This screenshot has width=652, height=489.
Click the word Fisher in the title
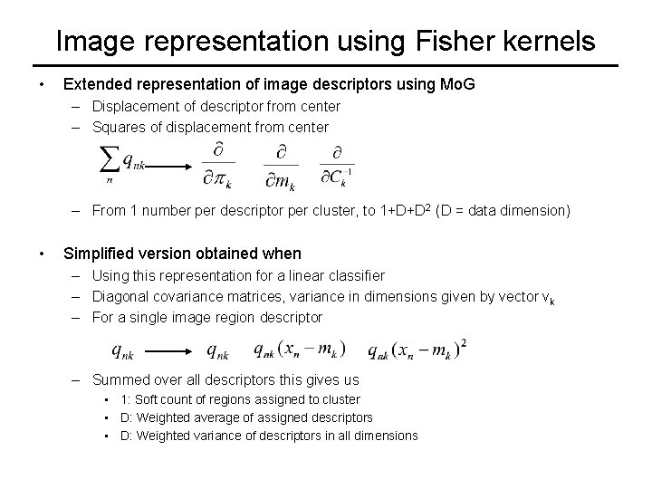click(452, 41)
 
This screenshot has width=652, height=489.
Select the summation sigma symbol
click(110, 161)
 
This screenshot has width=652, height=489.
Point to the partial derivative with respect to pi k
click(218, 165)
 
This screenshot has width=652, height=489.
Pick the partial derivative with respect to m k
click(281, 165)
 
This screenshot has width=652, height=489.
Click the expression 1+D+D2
click(394, 210)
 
